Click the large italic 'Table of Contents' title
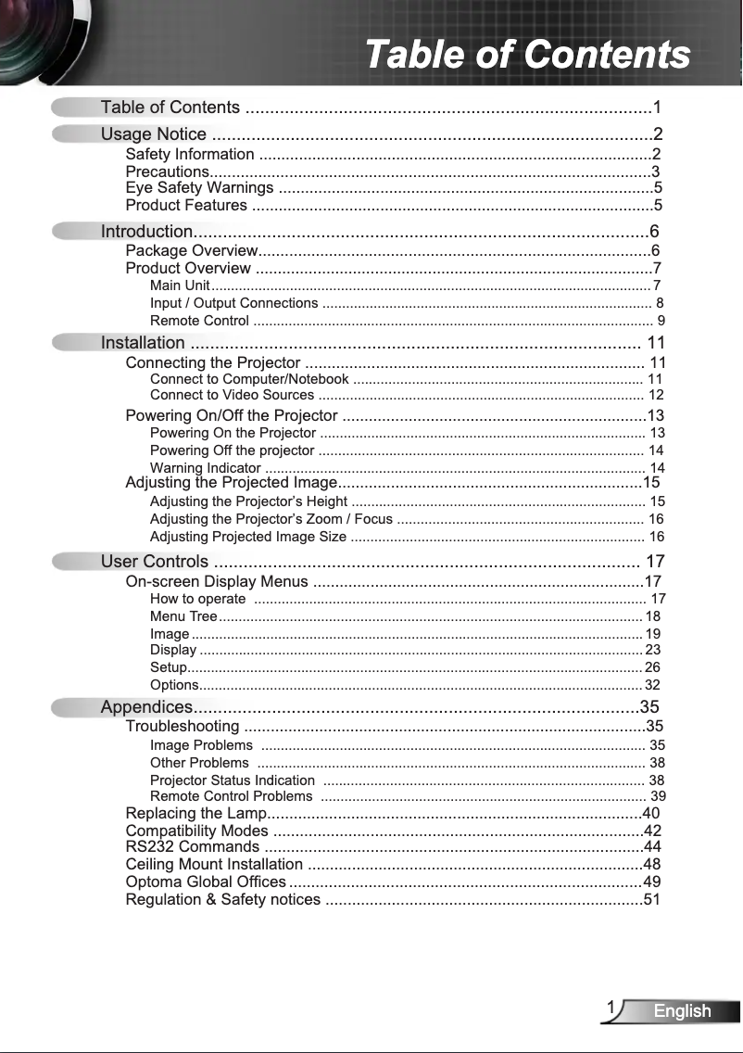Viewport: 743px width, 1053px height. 527,54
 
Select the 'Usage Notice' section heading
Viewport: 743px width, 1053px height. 153,134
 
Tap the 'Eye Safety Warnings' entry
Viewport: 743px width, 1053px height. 199,188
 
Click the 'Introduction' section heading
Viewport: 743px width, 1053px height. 146,231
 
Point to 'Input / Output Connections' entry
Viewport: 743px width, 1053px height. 233,303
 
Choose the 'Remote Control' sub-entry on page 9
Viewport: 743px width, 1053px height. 199,321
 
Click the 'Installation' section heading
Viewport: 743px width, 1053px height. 143,343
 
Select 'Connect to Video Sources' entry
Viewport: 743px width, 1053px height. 232,395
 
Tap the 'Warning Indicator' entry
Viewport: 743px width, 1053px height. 205,467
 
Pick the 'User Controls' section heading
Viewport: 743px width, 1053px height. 155,561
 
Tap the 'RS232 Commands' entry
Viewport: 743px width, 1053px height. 192,847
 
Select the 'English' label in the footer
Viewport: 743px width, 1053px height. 682,1011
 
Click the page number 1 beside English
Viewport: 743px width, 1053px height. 611,1009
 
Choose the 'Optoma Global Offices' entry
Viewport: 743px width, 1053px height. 206,882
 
